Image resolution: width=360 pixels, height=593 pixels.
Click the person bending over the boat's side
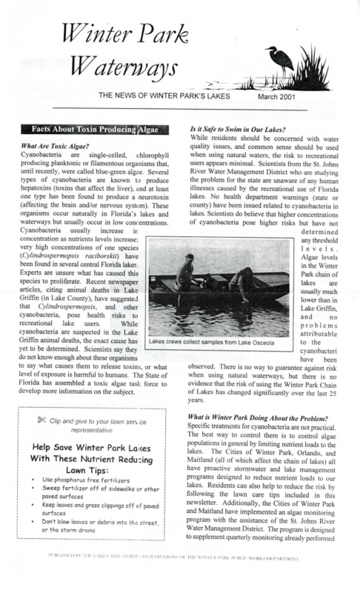pos(244,281)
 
